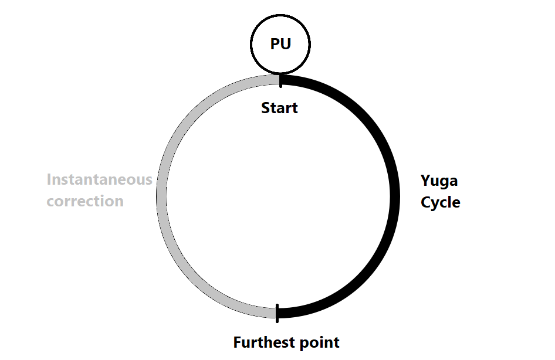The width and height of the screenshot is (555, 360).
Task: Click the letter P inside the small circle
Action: (275, 45)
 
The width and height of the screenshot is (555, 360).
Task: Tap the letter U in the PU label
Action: (286, 45)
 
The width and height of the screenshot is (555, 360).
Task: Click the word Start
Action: (279, 108)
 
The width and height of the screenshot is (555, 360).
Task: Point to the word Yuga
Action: (439, 181)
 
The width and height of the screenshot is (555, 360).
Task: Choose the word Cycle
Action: (441, 203)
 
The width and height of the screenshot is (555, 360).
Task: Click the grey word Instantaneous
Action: (99, 179)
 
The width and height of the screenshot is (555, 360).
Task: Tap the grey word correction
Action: (85, 201)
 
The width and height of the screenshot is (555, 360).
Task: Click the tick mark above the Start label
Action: (280, 80)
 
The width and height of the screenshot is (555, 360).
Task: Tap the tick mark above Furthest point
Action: (276, 312)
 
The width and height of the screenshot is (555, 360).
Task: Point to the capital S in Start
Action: (266, 108)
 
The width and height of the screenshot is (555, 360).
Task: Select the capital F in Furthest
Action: (238, 342)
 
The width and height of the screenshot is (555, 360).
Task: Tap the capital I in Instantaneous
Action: (49, 179)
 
